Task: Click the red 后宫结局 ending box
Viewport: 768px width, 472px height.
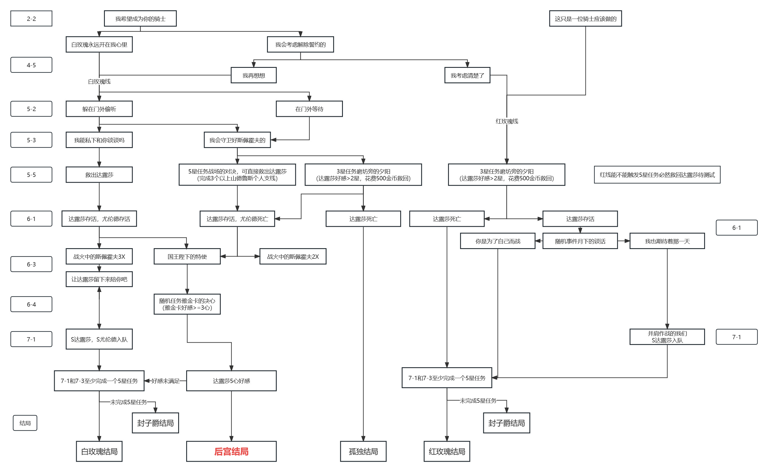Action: click(231, 451)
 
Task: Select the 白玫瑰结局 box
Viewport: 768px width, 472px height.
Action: click(99, 451)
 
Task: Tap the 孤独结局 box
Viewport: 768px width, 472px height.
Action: click(363, 451)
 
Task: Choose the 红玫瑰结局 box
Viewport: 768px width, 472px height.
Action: click(447, 451)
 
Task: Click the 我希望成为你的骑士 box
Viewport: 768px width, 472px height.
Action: click(140, 18)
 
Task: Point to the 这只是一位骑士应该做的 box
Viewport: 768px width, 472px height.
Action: click(585, 18)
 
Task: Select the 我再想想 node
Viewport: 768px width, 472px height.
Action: click(254, 75)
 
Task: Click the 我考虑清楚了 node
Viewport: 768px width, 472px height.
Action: click(467, 75)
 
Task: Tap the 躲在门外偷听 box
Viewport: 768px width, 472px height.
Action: click(99, 109)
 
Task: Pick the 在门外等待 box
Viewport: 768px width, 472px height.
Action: click(309, 109)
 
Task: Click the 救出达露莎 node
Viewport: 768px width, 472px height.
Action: click(99, 175)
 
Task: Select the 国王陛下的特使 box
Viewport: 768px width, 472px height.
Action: click(187, 256)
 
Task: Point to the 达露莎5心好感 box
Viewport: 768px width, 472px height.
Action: click(231, 380)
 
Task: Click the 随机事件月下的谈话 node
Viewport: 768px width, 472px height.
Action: click(580, 241)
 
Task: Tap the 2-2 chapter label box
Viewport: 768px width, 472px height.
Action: click(31, 18)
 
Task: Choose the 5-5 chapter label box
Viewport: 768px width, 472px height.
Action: click(31, 175)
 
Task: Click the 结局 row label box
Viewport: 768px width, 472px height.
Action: click(25, 423)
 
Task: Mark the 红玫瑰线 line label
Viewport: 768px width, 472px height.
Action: click(506, 121)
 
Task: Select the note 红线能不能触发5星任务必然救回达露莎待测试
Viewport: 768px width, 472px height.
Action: click(657, 175)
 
